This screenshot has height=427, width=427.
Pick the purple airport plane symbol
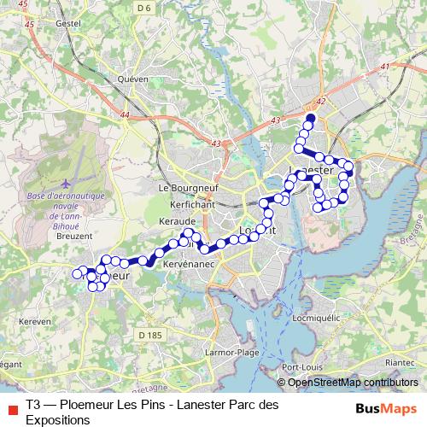tap(67, 183)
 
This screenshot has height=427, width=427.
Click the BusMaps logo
tap(387, 407)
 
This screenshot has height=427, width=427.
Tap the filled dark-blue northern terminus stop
tap(311, 119)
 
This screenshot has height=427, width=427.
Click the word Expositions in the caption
tap(58, 420)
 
